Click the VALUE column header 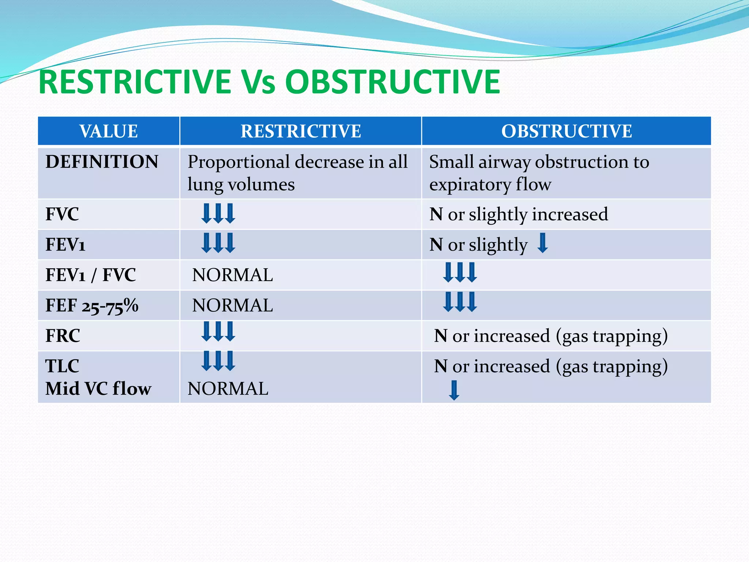[109, 131]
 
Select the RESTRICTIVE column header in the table [301, 131]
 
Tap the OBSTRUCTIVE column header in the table [567, 131]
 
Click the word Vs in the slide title [257, 82]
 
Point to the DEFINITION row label [102, 162]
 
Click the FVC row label [62, 214]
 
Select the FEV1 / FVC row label [91, 275]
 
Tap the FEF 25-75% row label [92, 306]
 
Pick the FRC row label [63, 336]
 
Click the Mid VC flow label [98, 389]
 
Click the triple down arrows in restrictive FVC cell [218, 214]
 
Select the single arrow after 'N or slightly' [542, 243]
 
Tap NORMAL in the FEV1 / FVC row [233, 275]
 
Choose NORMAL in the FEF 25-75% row [233, 306]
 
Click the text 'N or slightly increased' [519, 214]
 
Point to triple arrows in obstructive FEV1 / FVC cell [460, 272]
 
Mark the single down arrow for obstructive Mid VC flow [454, 390]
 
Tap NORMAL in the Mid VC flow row [228, 389]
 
